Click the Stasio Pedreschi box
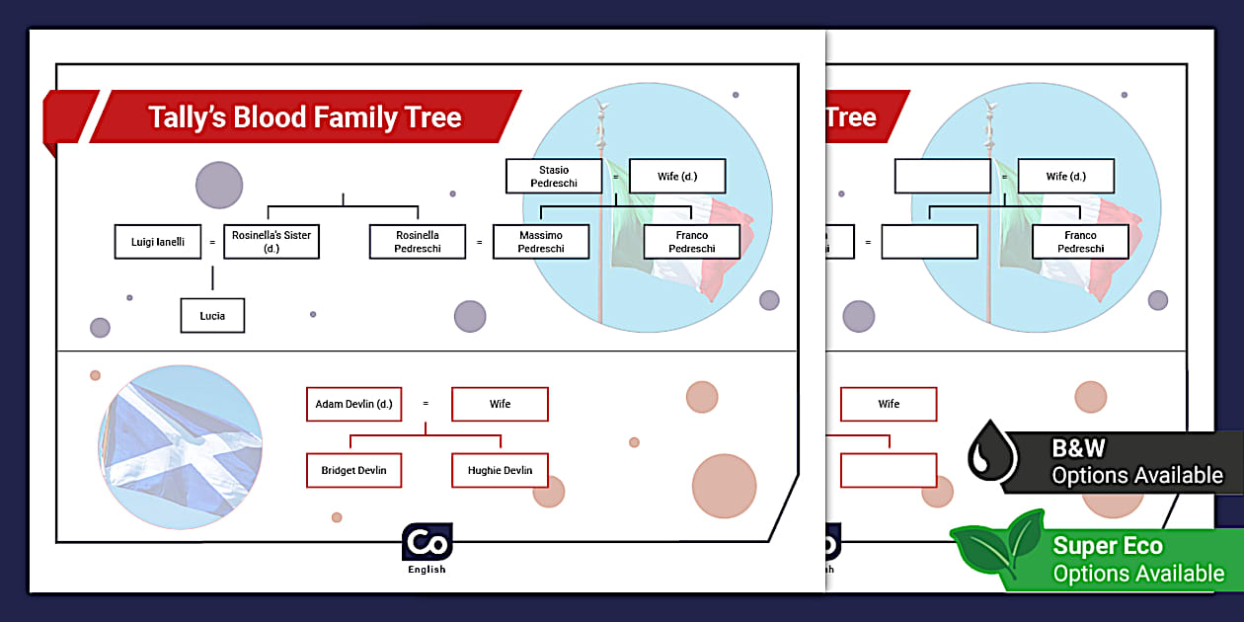[553, 177]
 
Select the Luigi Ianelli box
[158, 242]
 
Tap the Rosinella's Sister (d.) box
[272, 242]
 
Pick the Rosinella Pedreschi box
[418, 242]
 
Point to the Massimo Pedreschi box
[541, 242]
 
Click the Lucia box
[212, 316]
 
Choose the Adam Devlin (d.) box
[353, 404]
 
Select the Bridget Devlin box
[353, 470]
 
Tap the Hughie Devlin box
[500, 470]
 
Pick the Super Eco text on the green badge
[1108, 546]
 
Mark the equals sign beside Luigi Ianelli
[211, 242]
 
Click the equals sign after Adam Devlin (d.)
[426, 404]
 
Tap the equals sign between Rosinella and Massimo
[480, 242]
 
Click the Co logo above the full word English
[428, 543]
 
